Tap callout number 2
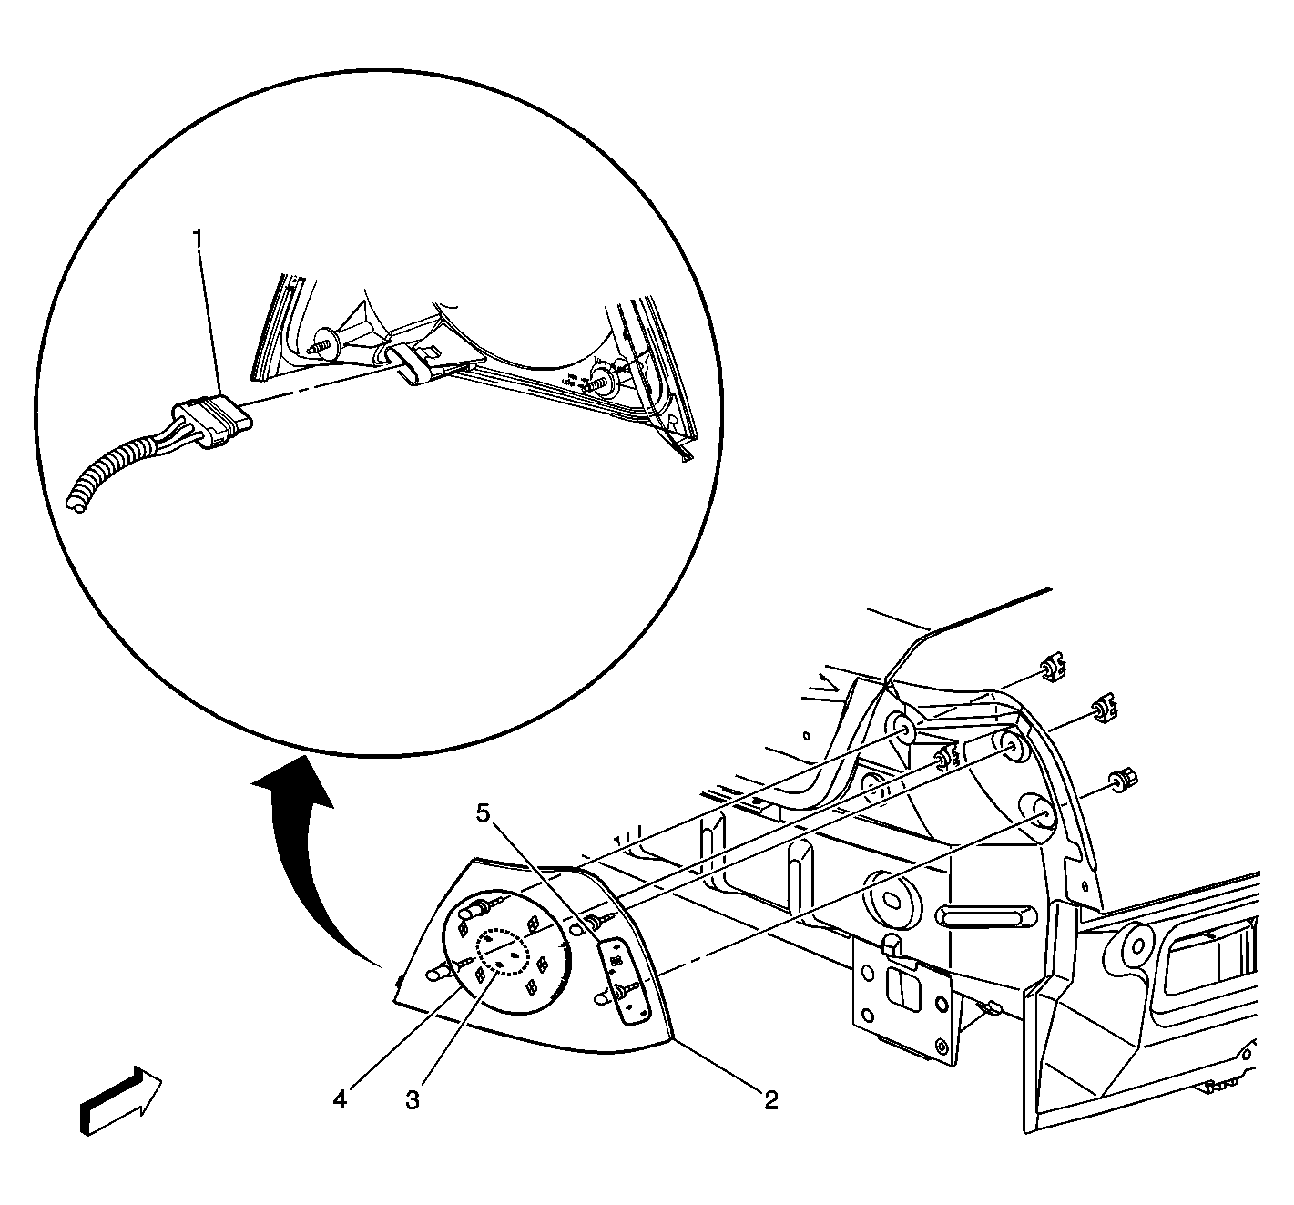pos(770,1100)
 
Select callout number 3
pos(413,1100)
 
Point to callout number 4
pos(340,1100)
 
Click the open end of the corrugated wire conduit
pos(77,501)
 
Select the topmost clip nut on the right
pos(1055,669)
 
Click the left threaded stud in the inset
pos(325,347)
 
